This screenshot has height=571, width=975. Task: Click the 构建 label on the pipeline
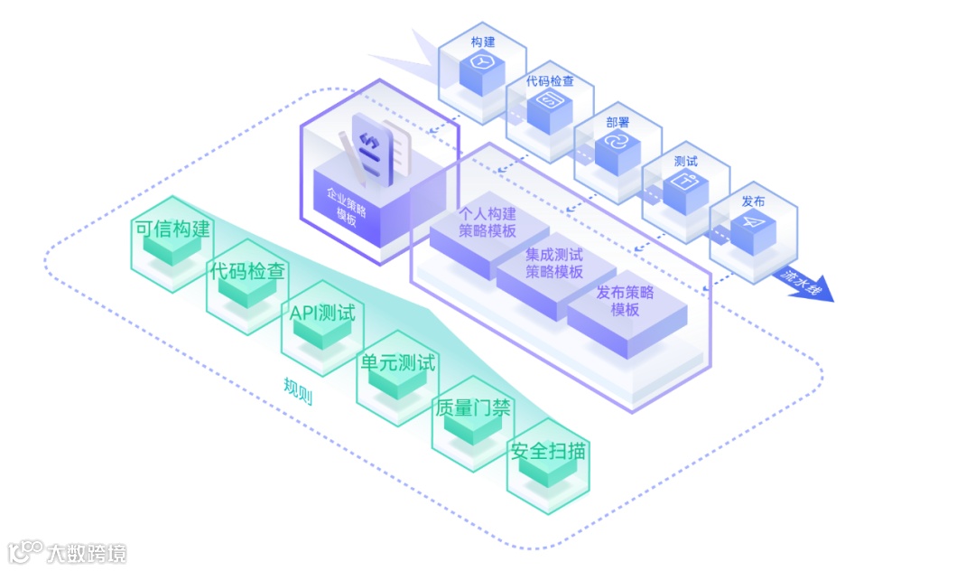(482, 42)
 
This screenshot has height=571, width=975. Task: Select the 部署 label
(617, 122)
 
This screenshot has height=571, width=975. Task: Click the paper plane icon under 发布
(753, 226)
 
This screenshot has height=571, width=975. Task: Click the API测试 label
(322, 314)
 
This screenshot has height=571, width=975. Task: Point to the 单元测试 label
(397, 363)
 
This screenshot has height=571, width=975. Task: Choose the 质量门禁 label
(472, 407)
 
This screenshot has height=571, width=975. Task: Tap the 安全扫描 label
(547, 450)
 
